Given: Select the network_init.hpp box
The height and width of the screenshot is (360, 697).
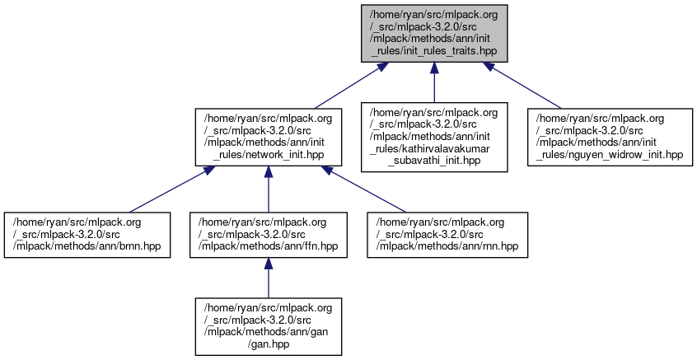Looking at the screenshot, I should pos(268,136).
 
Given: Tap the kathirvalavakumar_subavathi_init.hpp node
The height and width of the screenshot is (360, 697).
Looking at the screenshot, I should pos(434,136).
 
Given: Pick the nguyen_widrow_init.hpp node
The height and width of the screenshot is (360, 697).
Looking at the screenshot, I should pos(610,136).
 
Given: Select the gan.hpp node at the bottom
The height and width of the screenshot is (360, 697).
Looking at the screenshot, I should pos(268,327).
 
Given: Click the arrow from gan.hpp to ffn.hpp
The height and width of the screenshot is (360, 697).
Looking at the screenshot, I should pos(268,281).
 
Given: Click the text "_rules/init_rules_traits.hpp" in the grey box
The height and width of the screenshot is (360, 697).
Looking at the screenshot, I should pos(434,51).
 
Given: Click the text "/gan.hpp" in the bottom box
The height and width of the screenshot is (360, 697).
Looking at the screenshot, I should pos(268,346).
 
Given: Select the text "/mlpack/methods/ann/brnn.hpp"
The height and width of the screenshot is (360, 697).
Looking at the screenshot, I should pos(87,247).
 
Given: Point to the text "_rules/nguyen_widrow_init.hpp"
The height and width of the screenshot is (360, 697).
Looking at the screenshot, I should pos(610,155).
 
